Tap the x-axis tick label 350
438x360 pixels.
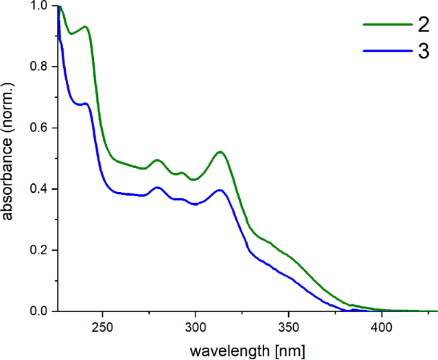pos(289,328)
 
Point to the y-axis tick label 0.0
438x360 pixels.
pos(40,311)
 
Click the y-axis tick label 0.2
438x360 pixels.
pos(40,250)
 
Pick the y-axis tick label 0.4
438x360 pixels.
pos(40,189)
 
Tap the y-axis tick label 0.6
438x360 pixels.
pos(40,127)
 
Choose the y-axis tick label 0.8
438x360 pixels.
pos(40,67)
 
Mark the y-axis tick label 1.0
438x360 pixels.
pos(40,6)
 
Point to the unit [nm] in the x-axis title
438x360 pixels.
pos(289,351)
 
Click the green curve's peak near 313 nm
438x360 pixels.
pos(220,152)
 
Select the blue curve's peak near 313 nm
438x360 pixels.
pos(220,190)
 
